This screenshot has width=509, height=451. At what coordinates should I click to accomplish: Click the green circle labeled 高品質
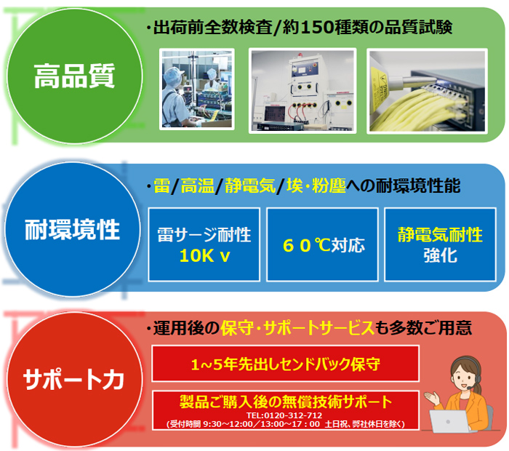[75, 76]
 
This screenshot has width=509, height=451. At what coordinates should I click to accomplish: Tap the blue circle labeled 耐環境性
[73, 229]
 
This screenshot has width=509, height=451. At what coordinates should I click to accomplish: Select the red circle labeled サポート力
[75, 379]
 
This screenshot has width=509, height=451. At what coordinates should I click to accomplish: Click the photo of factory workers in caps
[197, 89]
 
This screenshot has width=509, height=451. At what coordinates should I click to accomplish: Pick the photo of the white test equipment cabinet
[302, 91]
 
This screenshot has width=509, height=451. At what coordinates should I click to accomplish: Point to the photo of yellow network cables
[428, 91]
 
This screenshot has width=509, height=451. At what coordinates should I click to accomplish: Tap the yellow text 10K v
[204, 255]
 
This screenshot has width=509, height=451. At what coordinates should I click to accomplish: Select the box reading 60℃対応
[322, 244]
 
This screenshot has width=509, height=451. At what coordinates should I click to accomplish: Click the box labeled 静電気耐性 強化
[440, 244]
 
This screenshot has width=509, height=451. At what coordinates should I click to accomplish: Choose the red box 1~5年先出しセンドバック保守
[285, 364]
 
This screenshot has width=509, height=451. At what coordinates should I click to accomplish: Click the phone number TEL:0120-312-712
[284, 415]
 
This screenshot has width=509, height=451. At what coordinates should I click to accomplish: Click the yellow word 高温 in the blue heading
[197, 185]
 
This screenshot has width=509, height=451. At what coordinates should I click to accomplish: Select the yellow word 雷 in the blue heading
[161, 185]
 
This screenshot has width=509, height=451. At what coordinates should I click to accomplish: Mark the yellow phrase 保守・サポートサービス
[297, 328]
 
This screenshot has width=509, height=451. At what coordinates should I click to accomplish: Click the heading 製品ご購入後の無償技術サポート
[286, 402]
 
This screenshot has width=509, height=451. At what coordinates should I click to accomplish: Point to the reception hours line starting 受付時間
[286, 424]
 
